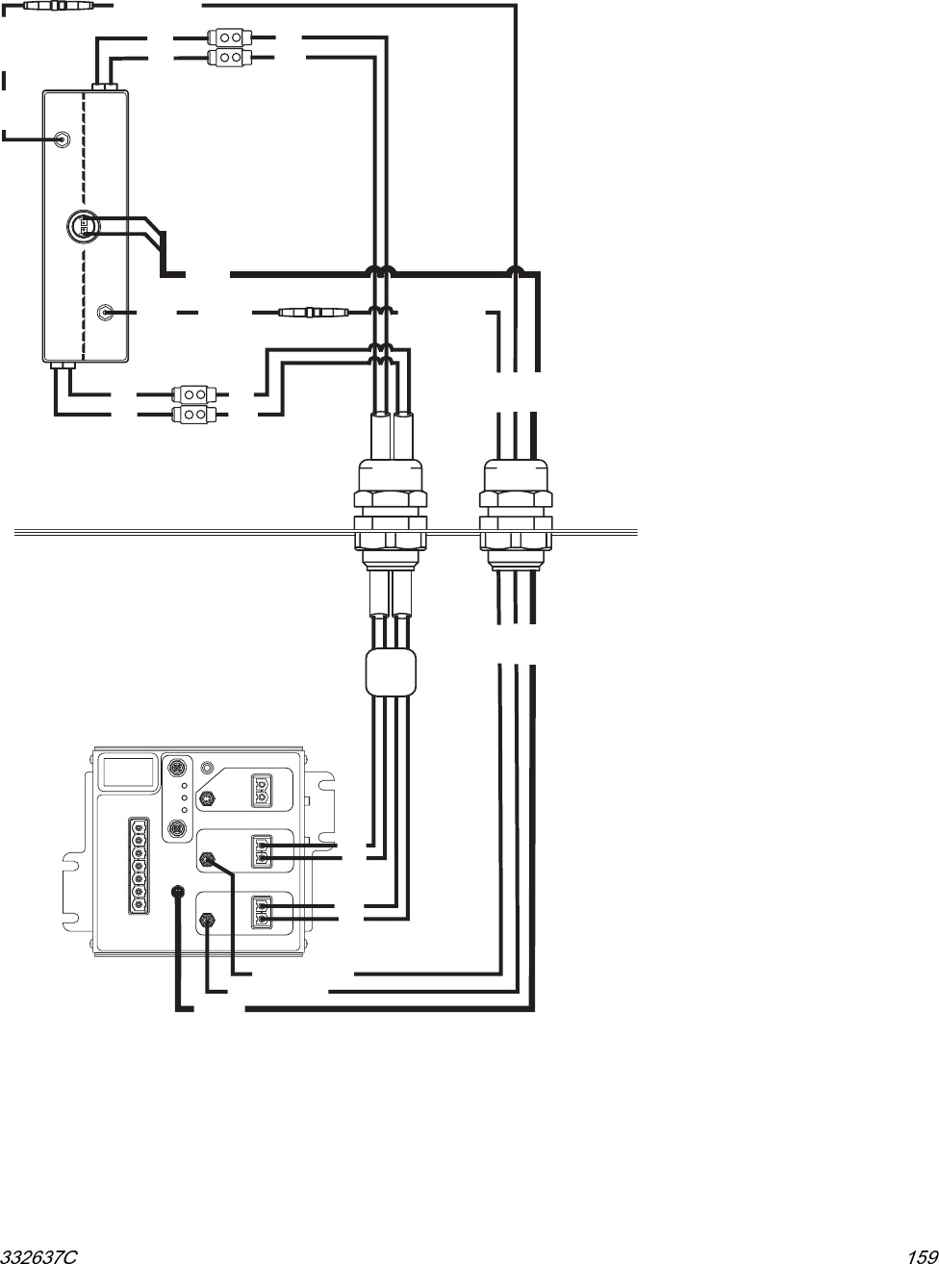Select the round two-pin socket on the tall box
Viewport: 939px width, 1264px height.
pos(83,226)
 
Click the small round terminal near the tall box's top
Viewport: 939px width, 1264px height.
pos(62,139)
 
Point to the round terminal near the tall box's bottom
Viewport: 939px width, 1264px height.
pos(108,312)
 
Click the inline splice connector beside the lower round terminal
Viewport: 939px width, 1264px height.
pos(309,312)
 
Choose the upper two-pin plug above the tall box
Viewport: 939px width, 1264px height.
pos(229,39)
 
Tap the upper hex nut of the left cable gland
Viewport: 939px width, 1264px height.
pos(390,498)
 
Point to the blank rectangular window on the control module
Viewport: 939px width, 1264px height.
pos(129,772)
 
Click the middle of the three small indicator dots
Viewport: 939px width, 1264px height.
pos(184,798)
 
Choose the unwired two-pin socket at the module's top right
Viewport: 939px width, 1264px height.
pos(261,790)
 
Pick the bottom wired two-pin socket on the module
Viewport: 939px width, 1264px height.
pos(261,911)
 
